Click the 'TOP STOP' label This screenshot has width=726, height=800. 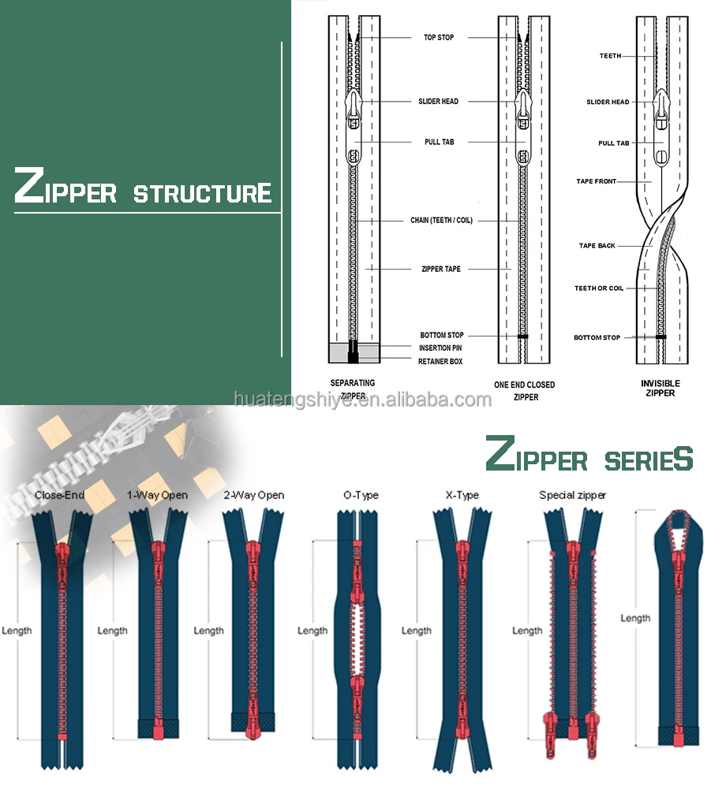click(439, 38)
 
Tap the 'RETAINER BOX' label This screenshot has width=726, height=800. click(440, 362)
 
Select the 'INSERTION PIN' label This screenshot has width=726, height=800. click(440, 348)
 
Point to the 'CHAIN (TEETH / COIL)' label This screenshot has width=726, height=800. click(441, 221)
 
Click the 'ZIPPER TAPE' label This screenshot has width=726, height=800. click(441, 270)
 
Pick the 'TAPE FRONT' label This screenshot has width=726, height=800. click(596, 182)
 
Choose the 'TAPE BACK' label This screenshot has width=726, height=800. click(597, 246)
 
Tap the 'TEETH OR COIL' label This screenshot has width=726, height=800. click(598, 288)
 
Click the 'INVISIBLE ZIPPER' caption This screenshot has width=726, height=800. click(660, 388)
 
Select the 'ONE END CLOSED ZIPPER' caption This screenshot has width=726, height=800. click(525, 391)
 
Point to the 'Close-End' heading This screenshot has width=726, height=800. click(60, 496)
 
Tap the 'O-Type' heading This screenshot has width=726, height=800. click(361, 496)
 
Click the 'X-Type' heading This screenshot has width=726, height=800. click(462, 496)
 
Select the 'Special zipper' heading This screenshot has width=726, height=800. click(572, 496)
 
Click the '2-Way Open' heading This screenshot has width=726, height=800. click(254, 496)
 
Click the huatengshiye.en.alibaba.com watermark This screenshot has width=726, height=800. click(363, 400)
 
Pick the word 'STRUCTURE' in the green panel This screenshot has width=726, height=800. click(202, 193)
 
